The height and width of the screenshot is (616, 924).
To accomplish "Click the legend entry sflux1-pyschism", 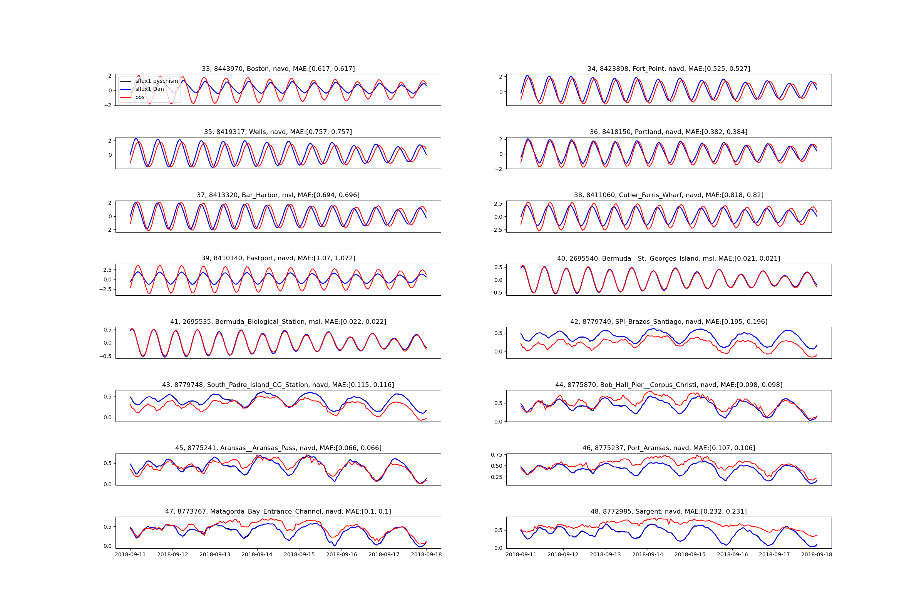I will [x=156, y=81].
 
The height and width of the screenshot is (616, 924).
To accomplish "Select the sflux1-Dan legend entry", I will [x=149, y=89].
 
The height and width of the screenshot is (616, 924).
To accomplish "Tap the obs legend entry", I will [x=140, y=97].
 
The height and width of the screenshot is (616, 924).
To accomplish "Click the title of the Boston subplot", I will [x=278, y=69].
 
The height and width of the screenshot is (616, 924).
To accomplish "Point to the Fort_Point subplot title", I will [x=669, y=69].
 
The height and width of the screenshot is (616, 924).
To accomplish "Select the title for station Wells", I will [x=278, y=132].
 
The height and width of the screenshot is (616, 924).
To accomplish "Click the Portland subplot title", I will [x=669, y=132].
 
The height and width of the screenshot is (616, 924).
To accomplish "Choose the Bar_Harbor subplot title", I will [x=278, y=195].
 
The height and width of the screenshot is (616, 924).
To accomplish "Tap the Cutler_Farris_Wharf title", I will [x=669, y=195].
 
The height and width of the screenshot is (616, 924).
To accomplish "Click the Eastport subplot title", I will [x=278, y=258].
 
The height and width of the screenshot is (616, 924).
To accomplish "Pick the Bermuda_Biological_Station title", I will [x=278, y=322].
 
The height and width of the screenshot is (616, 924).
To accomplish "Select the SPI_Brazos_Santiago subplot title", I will [x=669, y=322].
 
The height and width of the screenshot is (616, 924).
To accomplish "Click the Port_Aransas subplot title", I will [x=669, y=448].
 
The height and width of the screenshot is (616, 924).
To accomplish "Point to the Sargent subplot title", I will [x=669, y=512].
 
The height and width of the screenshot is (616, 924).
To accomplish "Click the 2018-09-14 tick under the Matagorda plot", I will [x=257, y=555].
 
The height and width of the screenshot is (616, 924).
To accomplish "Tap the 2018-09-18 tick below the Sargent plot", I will [x=817, y=555].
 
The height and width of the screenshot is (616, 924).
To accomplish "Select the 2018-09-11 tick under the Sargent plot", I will [x=521, y=555].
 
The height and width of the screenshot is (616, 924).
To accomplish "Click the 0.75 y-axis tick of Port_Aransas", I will [x=497, y=455].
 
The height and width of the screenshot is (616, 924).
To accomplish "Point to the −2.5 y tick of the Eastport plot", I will [x=104, y=289].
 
